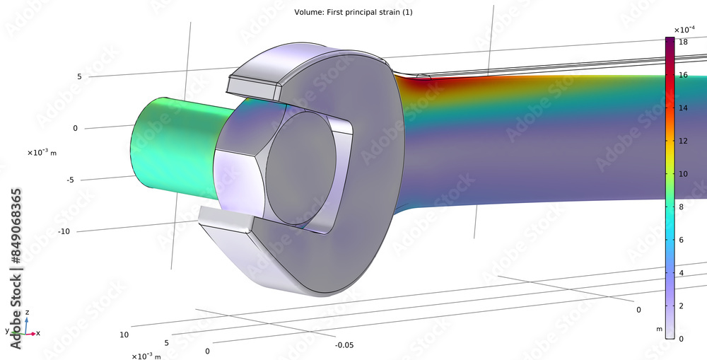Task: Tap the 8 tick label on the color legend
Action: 682,207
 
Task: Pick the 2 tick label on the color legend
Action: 682,306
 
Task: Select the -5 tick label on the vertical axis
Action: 70,180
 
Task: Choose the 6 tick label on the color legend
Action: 682,240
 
